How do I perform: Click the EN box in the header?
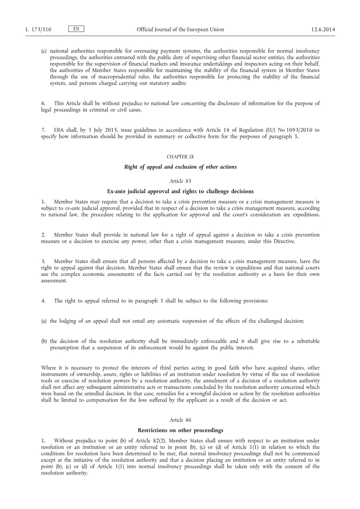(77, 29)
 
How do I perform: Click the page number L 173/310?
(38, 29)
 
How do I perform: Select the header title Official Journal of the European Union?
(180, 29)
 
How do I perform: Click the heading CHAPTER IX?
(180, 157)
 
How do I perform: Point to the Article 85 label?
(180, 180)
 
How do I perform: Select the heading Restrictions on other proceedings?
(180, 430)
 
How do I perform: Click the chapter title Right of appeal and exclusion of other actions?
(180, 167)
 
